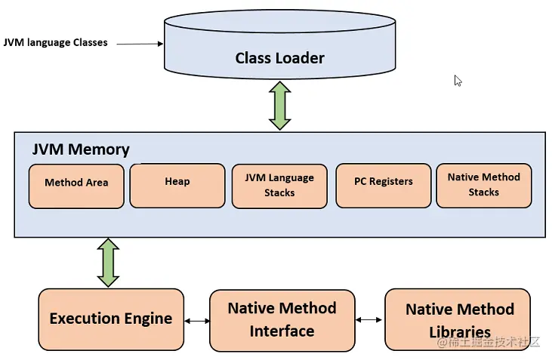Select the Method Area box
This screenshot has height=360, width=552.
point(76,185)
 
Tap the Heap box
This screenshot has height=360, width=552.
point(177,185)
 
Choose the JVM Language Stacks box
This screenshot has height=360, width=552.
point(279,186)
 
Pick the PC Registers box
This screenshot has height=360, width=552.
point(383,185)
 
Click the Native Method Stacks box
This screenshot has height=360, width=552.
point(483,185)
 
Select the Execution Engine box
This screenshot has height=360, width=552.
point(111,318)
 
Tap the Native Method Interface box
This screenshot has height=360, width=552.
point(282,320)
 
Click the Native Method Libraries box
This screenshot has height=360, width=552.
point(460,320)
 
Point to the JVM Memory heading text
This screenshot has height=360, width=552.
point(81,149)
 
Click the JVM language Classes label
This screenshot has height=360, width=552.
point(56,43)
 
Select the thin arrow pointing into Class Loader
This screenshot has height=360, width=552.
point(140,44)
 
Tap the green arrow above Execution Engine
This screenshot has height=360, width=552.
point(109,263)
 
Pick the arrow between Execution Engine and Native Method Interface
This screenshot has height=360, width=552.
point(197,321)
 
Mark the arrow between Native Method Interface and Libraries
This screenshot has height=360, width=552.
point(369,320)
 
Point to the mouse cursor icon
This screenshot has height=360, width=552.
point(458,81)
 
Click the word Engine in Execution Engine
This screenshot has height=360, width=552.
point(146,318)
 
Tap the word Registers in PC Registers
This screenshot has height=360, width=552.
point(391,182)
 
